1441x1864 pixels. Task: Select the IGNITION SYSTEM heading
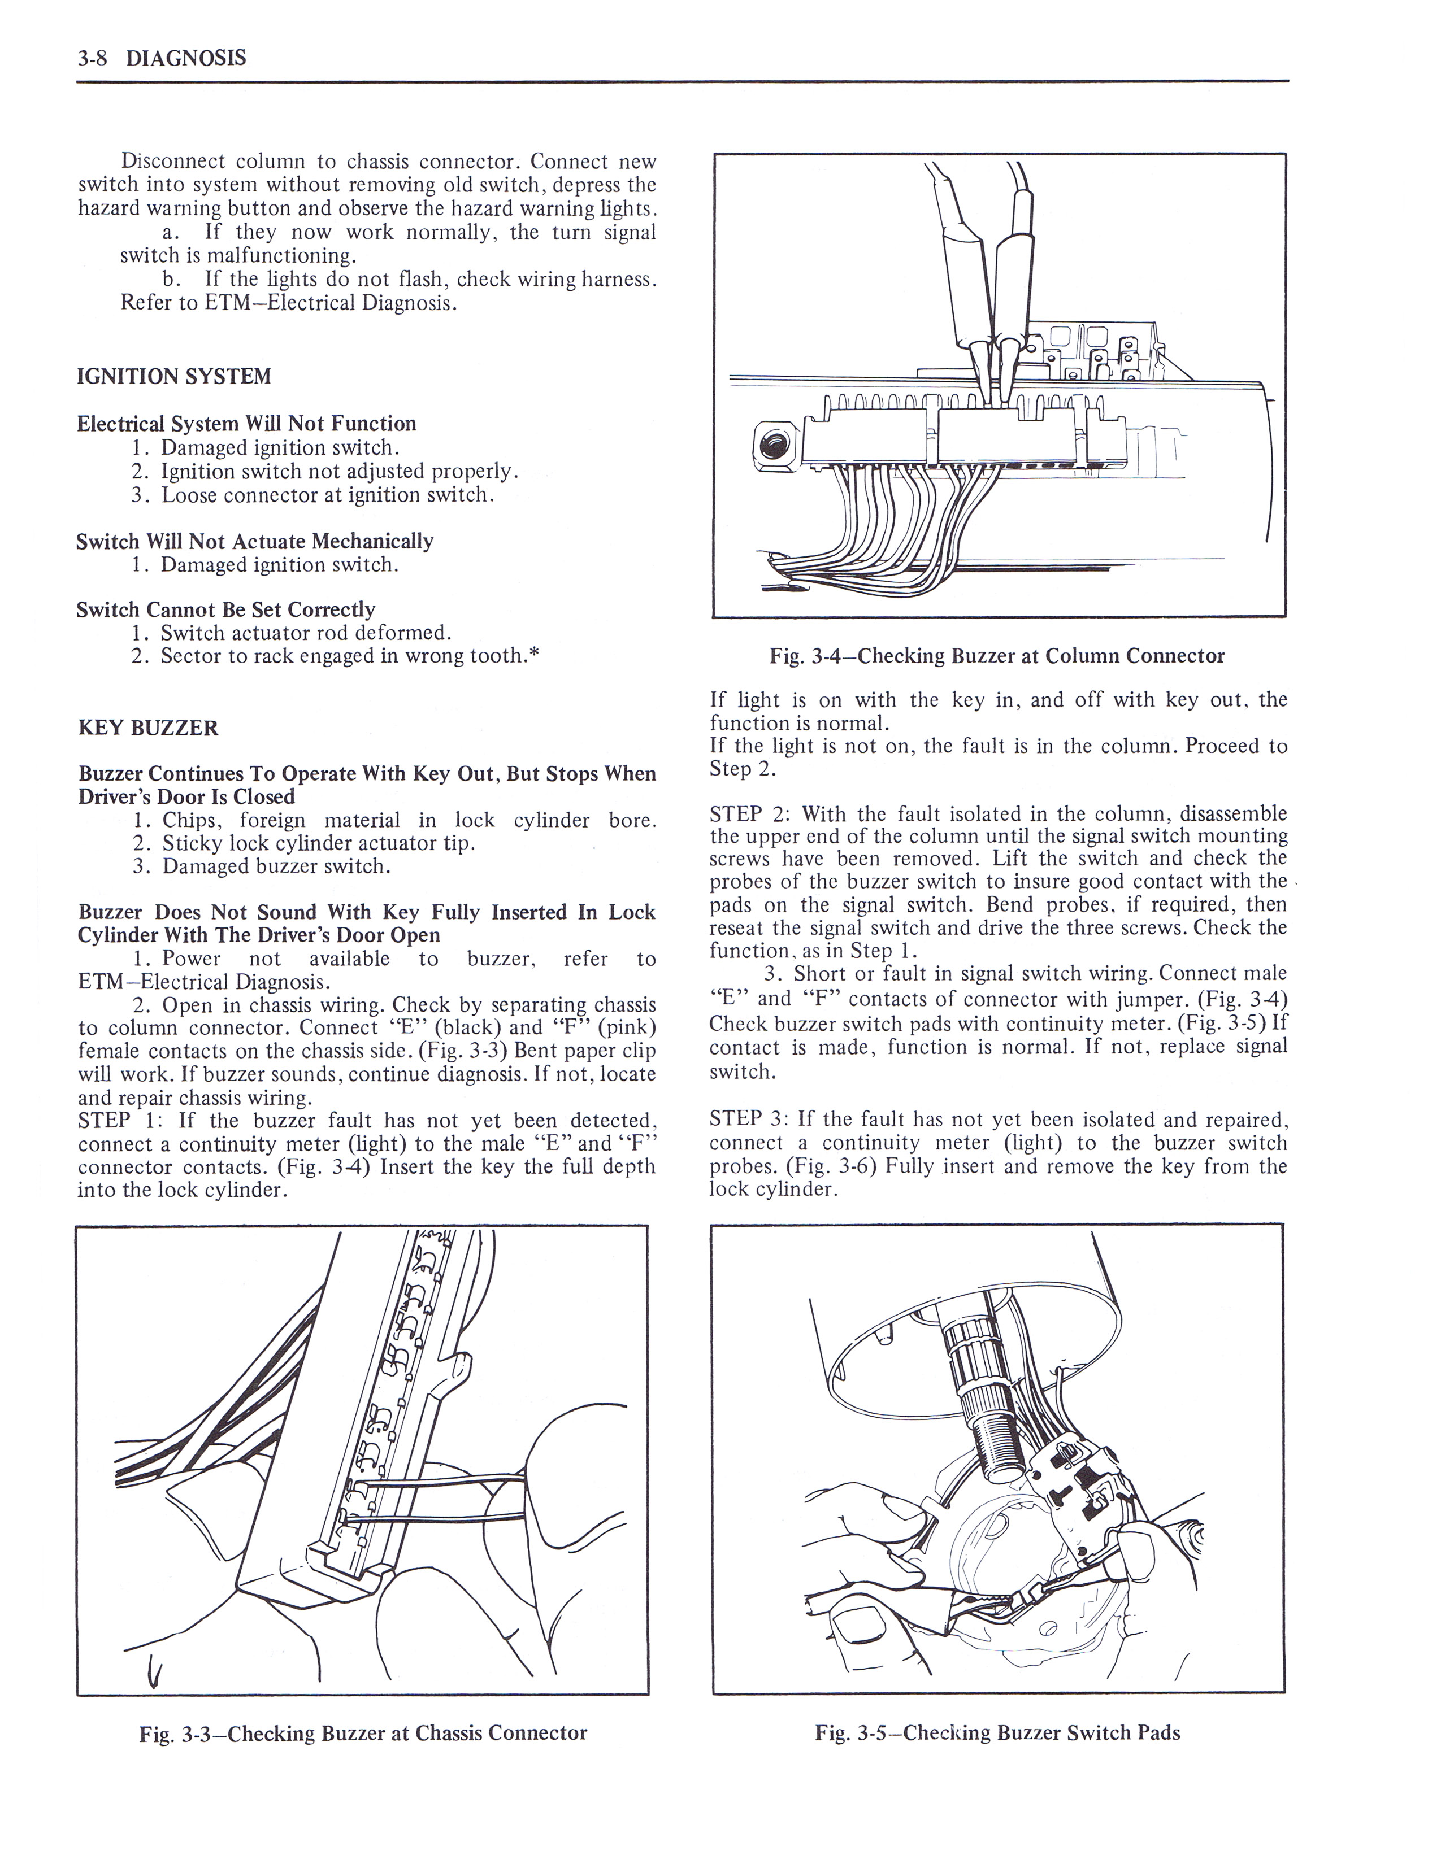point(174,376)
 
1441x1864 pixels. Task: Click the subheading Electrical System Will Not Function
point(247,423)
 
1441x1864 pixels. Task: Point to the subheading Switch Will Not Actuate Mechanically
point(254,541)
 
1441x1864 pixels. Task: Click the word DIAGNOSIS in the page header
point(186,58)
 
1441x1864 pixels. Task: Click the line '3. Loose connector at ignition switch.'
point(313,495)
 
